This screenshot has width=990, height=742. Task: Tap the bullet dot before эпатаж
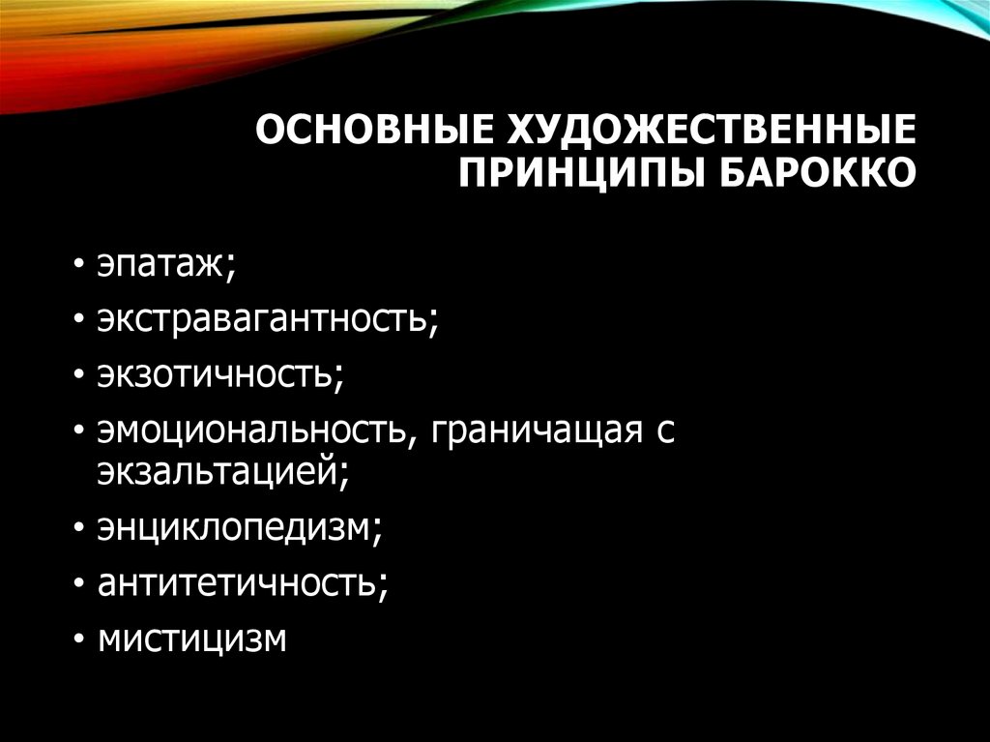click(x=77, y=265)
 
